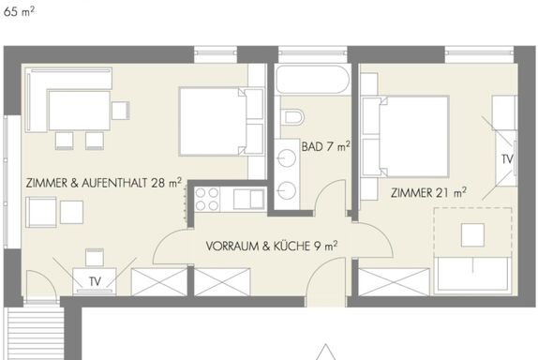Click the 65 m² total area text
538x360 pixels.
19,11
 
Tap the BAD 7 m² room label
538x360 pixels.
325,146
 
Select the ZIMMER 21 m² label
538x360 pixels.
428,192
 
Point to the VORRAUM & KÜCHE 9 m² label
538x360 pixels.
272,246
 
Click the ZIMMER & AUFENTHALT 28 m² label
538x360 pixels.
104,183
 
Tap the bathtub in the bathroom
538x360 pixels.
313,80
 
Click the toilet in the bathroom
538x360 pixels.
292,117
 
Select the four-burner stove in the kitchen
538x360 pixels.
207,199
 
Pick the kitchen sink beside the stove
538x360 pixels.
248,199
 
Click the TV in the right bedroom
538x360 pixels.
507,158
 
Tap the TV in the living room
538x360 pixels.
95,281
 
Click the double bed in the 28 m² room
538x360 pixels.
221,122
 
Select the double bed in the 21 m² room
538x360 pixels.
406,137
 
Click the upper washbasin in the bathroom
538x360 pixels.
287,158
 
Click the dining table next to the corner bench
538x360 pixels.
80,111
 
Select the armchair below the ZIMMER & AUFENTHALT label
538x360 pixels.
41,212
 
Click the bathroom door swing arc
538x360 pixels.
325,188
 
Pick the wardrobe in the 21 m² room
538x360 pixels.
394,282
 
